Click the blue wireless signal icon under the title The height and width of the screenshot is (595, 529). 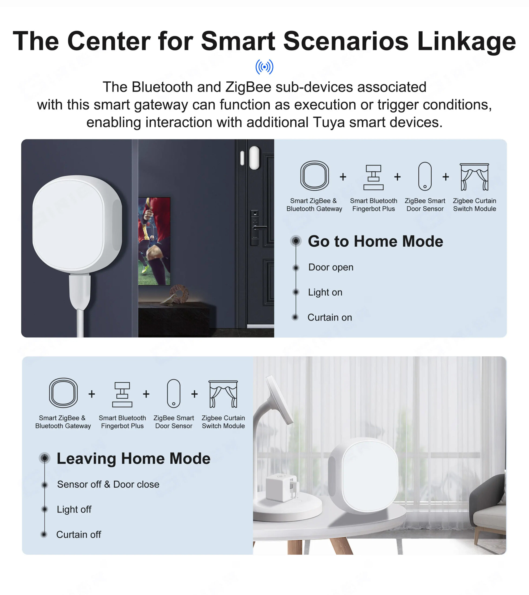coord(264,67)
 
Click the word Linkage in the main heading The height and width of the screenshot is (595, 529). coord(466,41)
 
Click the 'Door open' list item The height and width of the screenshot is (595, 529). coord(331,267)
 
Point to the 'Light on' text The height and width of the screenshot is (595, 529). coord(325,292)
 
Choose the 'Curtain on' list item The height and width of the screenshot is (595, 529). coord(330,317)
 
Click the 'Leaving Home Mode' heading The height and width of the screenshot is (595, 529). coord(133,459)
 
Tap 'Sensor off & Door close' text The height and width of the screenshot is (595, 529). coord(108,484)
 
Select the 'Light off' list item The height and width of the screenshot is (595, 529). coord(74,509)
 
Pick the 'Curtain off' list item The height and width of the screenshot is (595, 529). coord(79,534)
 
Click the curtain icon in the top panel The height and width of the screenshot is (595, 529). coord(474,177)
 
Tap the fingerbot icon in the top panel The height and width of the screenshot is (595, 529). coord(373,177)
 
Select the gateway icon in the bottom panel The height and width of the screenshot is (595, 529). coord(63,393)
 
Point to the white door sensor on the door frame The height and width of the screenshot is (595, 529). coord(254,158)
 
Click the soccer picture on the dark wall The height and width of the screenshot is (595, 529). coord(154,241)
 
